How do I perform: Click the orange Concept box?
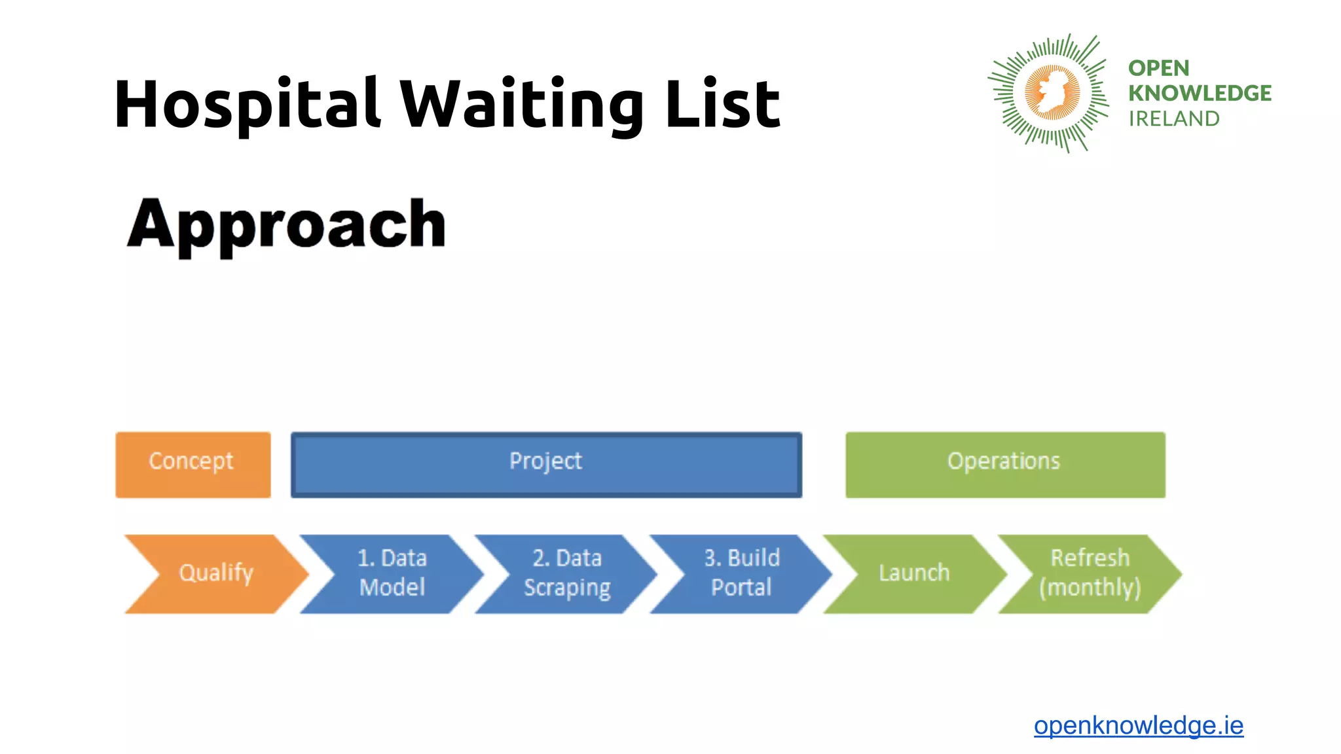(x=193, y=465)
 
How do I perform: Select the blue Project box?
(x=546, y=465)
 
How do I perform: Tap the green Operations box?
(x=1004, y=465)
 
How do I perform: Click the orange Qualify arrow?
(x=216, y=573)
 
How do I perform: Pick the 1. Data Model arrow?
(x=392, y=573)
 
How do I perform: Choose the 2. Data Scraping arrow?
(x=567, y=573)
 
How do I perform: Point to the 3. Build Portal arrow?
(x=741, y=573)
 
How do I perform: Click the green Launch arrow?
(x=914, y=573)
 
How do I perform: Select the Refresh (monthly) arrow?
(x=1090, y=573)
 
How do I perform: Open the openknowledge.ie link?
(x=1138, y=725)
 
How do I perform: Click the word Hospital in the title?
(x=246, y=105)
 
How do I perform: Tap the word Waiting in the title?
(x=521, y=105)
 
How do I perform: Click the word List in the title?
(x=722, y=105)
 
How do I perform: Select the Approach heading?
(x=287, y=224)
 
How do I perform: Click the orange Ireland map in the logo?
(x=1052, y=92)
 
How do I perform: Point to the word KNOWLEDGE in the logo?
(x=1200, y=94)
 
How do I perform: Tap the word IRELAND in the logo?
(x=1173, y=119)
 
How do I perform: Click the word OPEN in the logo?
(x=1158, y=68)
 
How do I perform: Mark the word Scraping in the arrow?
(x=567, y=588)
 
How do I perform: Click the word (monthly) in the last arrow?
(x=1090, y=588)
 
